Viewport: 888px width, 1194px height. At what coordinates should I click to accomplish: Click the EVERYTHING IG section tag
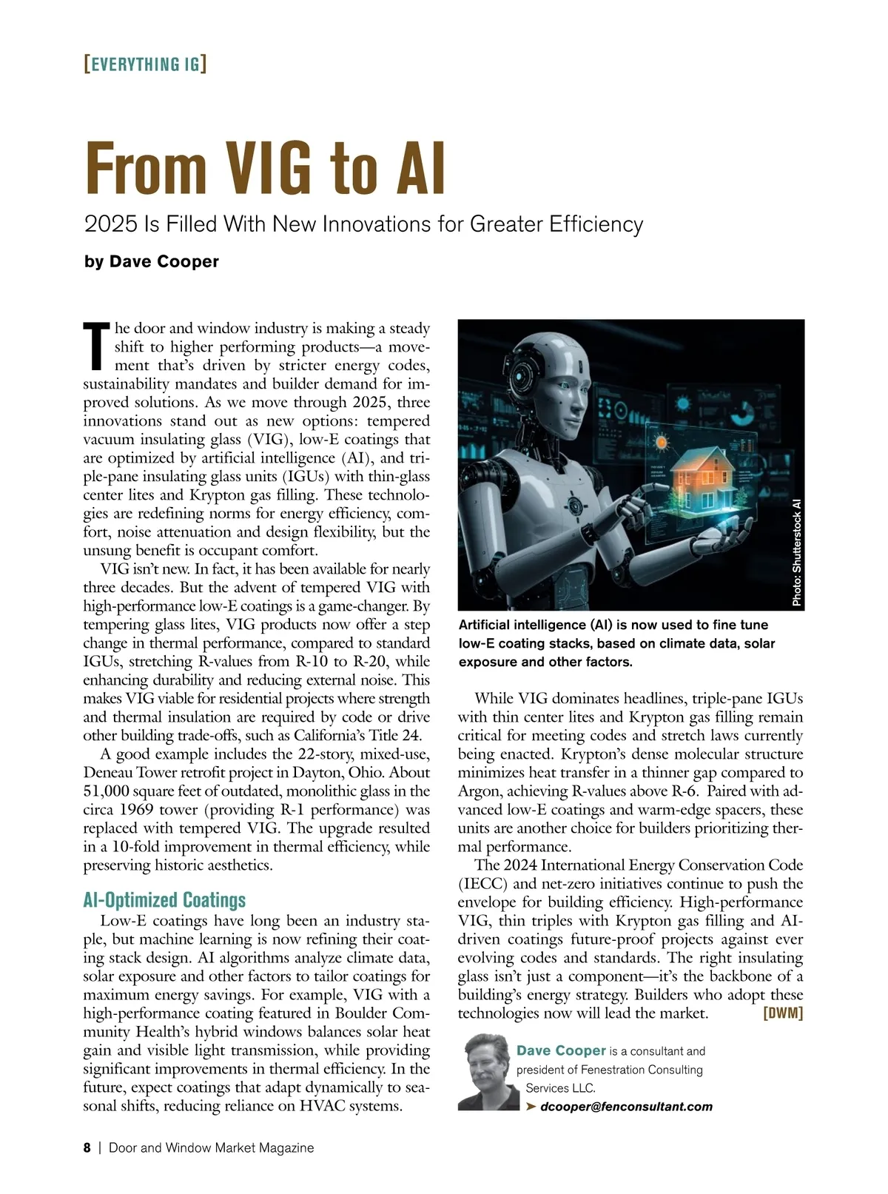146,64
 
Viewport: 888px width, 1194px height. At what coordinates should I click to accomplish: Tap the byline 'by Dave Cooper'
152,261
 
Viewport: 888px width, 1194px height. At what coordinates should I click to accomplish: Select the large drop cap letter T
96,346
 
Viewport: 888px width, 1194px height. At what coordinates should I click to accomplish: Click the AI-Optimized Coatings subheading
164,900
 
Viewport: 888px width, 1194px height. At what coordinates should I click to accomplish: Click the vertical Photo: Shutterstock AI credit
796,552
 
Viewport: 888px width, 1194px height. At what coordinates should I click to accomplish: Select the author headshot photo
488,1072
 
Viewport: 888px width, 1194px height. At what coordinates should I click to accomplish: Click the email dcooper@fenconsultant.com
626,1107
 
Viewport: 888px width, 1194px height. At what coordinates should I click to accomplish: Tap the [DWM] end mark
783,1013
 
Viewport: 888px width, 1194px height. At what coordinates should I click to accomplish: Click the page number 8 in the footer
87,1148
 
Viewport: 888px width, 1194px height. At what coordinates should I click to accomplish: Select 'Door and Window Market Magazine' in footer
211,1148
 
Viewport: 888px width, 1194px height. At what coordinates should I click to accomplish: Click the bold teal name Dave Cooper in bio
561,1050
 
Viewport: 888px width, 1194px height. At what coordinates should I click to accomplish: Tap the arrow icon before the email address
531,1107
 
